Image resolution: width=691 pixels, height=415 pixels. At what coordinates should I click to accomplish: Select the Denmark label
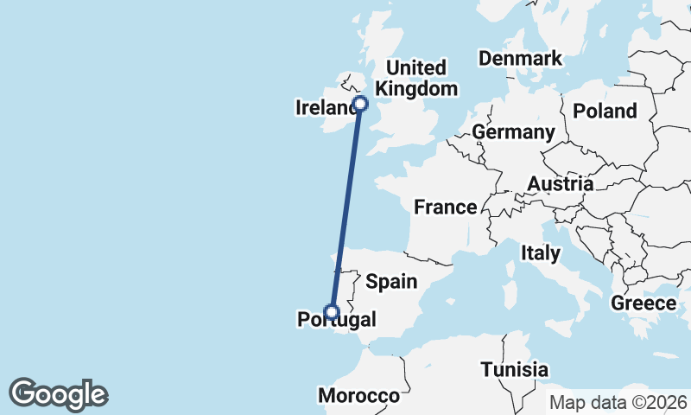[521, 59]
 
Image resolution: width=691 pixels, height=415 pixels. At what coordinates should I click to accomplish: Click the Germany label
[513, 132]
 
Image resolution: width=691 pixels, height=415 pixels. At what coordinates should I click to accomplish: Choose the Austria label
[560, 184]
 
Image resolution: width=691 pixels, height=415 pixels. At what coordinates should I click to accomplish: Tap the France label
[445, 207]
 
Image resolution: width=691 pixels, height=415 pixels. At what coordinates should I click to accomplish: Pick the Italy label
[541, 253]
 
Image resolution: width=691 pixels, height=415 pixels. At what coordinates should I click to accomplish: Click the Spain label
[391, 281]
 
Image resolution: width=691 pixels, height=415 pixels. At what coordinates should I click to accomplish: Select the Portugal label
[337, 321]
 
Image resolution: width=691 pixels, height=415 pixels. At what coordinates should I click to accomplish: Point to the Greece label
[643, 303]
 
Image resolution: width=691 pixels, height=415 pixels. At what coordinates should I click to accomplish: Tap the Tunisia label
[515, 369]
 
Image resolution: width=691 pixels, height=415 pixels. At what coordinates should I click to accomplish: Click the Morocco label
[359, 396]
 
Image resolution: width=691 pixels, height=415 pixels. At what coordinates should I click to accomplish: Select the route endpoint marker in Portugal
[331, 312]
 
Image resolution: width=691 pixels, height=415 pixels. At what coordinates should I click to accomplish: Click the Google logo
[58, 394]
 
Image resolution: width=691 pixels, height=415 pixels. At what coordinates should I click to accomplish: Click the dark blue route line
[345, 207]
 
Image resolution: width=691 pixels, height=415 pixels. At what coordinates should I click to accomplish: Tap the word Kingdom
[417, 88]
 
